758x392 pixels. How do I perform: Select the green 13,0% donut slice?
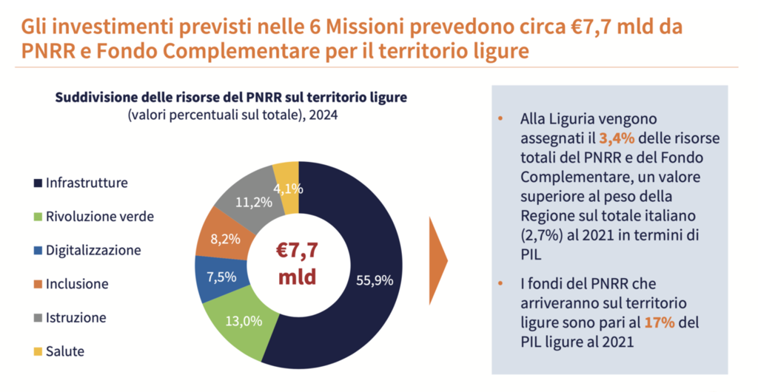241,323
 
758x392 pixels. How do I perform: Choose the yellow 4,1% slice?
287,185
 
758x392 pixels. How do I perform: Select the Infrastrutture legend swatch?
38,182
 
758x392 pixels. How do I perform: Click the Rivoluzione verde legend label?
100,216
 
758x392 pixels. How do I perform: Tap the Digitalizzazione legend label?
93,250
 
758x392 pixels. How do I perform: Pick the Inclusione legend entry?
77,283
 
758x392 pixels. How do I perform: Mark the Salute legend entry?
64,351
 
